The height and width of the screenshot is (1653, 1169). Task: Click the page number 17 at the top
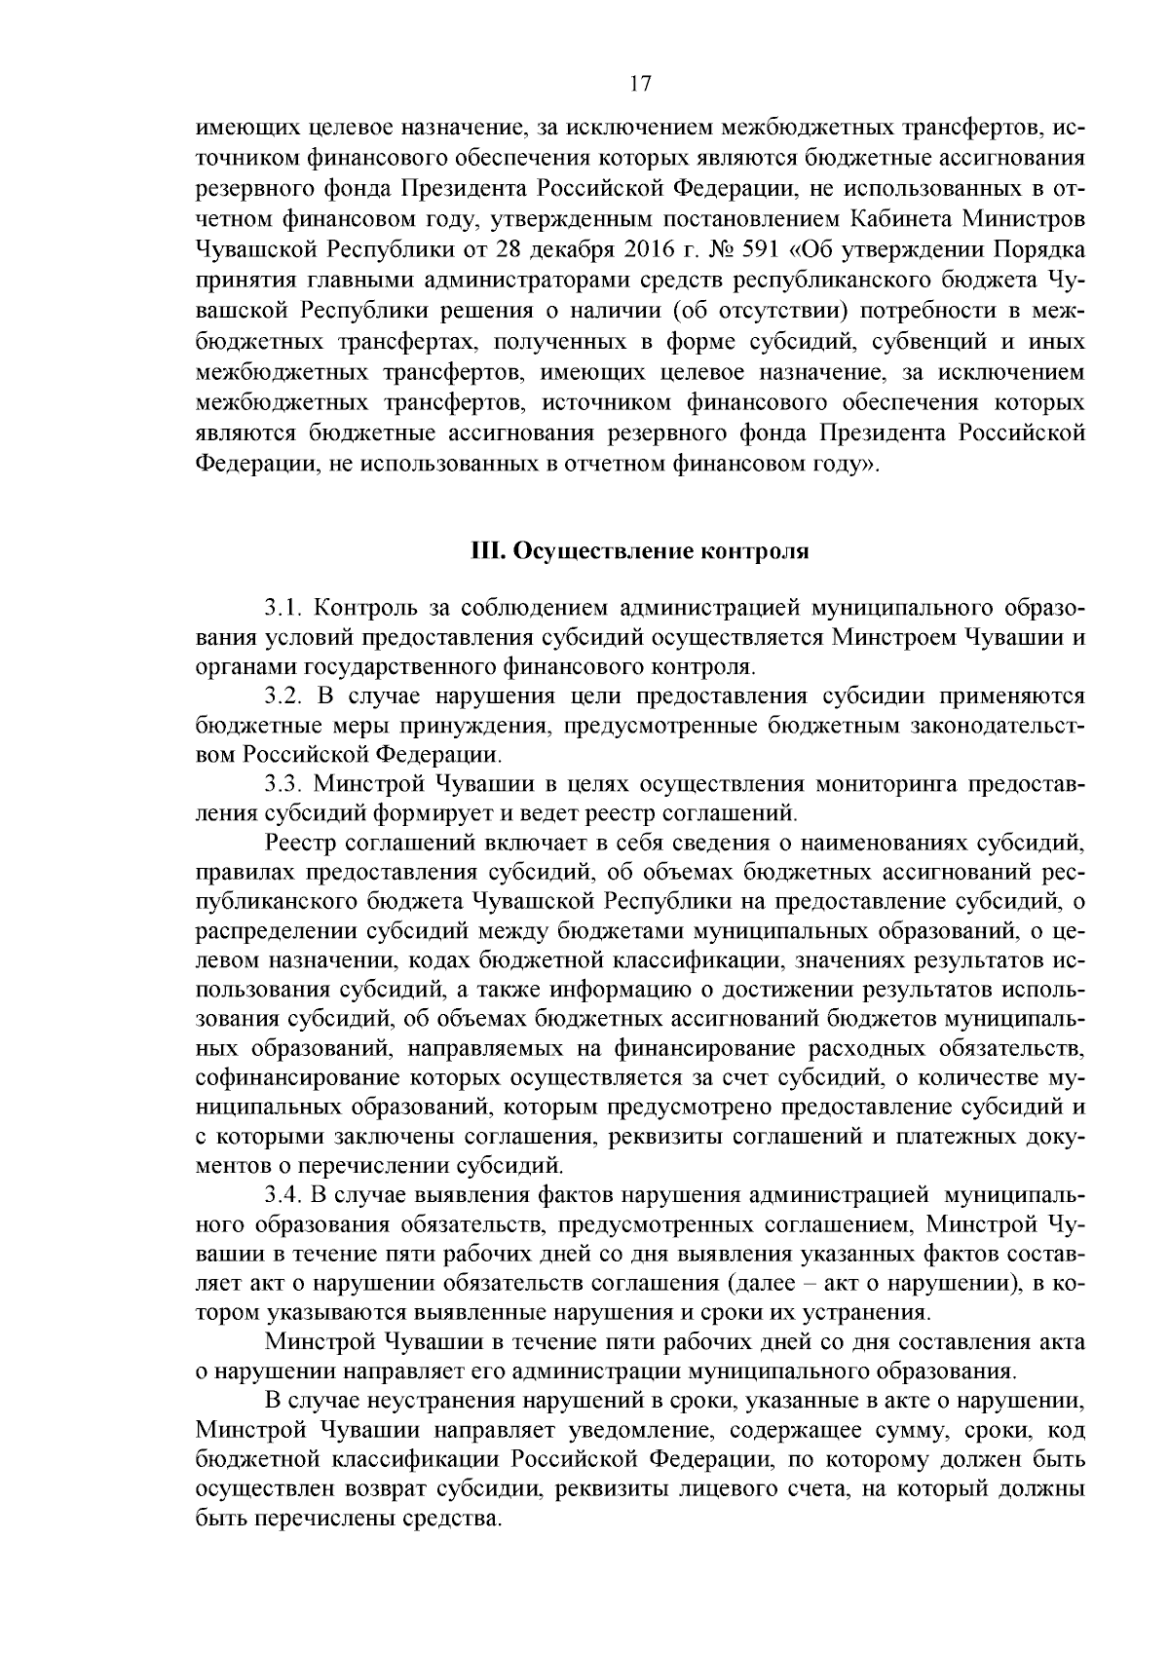click(640, 84)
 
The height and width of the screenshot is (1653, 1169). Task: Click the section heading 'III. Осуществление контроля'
click(640, 551)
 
